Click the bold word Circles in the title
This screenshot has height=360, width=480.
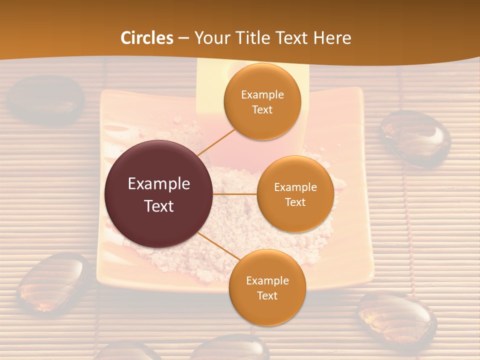coord(147,38)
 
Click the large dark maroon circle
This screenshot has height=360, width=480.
coord(158,194)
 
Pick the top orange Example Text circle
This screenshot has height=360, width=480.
coord(262,101)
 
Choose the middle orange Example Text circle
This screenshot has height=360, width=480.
coord(295,194)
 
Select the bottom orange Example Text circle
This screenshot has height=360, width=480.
coord(267,287)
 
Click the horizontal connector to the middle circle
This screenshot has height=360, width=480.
coord(234,194)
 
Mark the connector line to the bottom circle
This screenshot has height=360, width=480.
coord(220,247)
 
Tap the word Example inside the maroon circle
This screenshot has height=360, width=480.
coord(158,184)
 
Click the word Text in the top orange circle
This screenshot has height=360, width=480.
coord(262,109)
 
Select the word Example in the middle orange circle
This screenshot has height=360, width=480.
coord(295,187)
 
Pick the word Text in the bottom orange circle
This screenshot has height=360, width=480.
coord(267,295)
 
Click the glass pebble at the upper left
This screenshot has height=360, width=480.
coord(46,98)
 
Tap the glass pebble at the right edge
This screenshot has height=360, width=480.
coord(415,138)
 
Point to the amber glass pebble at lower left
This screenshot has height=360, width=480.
coord(52,283)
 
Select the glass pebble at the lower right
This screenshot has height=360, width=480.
coord(397,320)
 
